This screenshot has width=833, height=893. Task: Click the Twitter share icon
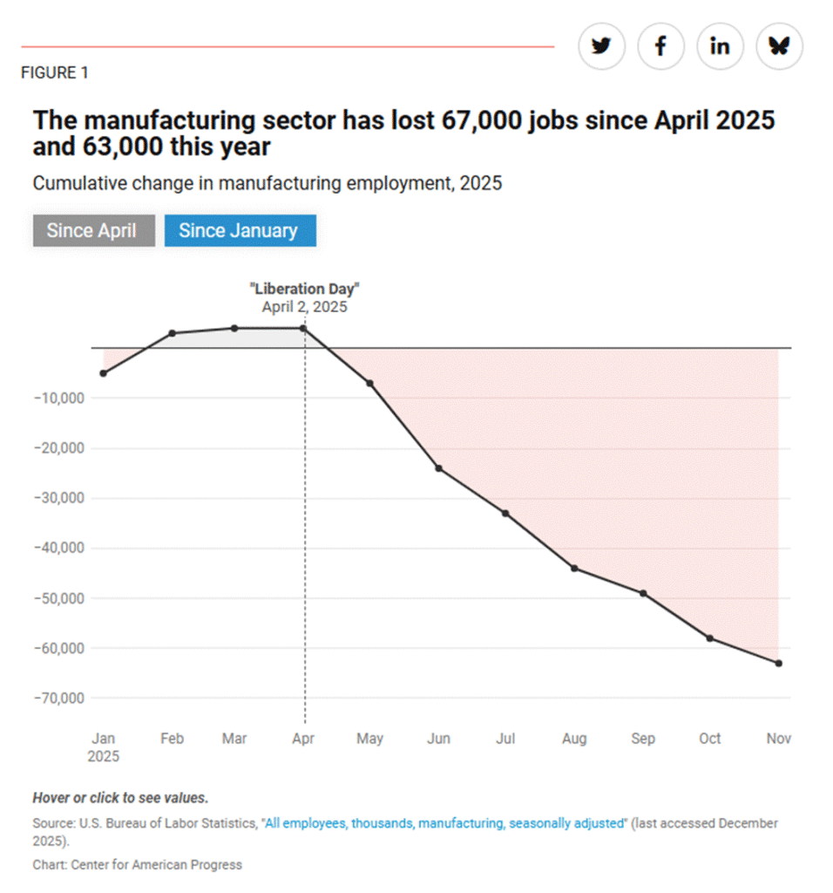(x=601, y=46)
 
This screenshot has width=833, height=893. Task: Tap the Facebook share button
(x=660, y=46)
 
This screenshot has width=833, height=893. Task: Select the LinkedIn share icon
(x=720, y=46)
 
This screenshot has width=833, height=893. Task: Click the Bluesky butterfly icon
(x=779, y=46)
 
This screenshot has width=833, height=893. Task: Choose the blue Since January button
(x=238, y=231)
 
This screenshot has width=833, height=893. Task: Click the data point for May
(x=369, y=384)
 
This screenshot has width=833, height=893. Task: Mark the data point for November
(x=778, y=664)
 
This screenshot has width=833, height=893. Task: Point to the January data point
(x=103, y=373)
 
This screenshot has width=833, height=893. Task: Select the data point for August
(x=574, y=569)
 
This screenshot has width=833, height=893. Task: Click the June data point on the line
(x=438, y=468)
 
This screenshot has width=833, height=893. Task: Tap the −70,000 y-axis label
(x=57, y=699)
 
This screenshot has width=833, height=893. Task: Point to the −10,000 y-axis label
(x=57, y=399)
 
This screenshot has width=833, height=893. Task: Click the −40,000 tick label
(x=57, y=549)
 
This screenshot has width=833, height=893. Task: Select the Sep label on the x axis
(x=642, y=739)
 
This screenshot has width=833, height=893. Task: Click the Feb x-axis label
(x=172, y=739)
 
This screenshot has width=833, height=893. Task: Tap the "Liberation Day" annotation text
(x=304, y=289)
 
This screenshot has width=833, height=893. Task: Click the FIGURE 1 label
(x=54, y=73)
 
